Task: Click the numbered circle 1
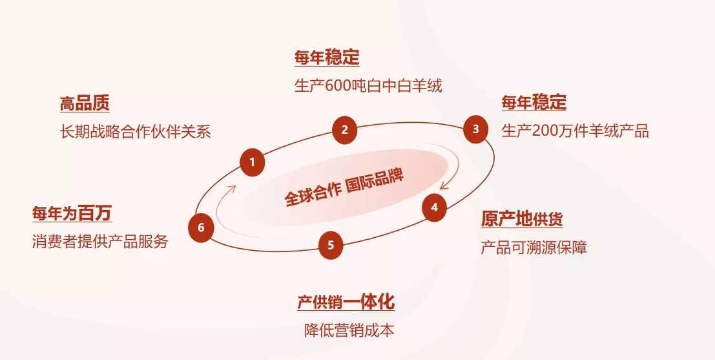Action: tap(252, 162)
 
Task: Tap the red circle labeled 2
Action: tap(345, 130)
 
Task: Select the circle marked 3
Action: tap(475, 129)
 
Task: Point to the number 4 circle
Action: tap(434, 207)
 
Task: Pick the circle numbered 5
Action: tap(331, 246)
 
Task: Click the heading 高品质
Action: tap(85, 104)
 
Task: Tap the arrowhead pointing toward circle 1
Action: tap(232, 189)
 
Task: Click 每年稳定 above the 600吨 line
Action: tap(327, 58)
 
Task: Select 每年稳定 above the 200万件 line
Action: tap(534, 102)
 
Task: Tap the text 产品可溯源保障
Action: tap(534, 248)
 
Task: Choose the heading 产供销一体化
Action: tap(346, 302)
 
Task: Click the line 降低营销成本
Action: tap(349, 330)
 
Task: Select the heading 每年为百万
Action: tap(72, 213)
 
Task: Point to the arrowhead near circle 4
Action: tap(444, 186)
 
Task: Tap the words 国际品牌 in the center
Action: tap(375, 182)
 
